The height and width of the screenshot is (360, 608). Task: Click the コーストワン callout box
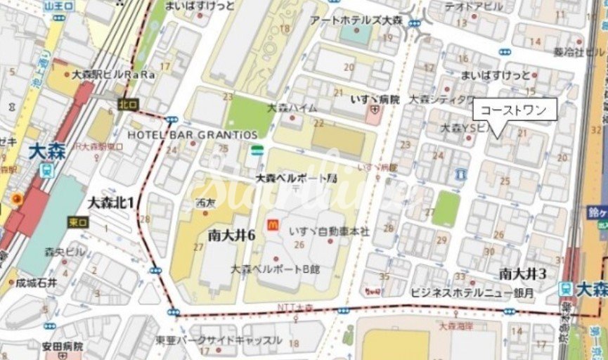tap(515, 109)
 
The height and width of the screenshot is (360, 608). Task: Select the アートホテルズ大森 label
tap(356, 20)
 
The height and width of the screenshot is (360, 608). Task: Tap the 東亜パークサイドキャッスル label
tap(219, 340)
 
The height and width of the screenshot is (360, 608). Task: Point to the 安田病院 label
tap(63, 346)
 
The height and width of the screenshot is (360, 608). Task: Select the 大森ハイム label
tap(292, 108)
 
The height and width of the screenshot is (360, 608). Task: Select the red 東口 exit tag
tap(77, 221)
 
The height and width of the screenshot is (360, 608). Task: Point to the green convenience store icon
tap(258, 150)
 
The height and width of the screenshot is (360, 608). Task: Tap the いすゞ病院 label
tap(375, 99)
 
